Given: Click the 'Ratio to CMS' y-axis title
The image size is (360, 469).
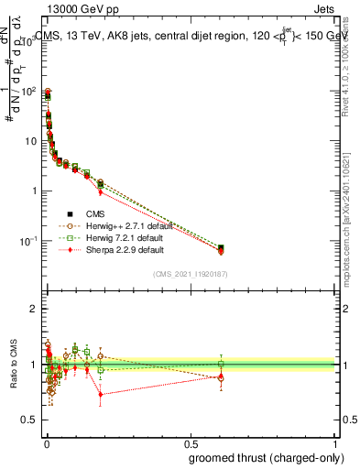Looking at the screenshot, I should coord(12,365).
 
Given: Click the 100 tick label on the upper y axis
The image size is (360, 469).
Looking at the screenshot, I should coord(28,92).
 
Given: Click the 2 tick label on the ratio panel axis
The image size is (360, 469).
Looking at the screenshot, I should coord(34,309).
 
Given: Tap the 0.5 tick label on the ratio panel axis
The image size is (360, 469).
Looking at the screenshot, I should coord(30,420).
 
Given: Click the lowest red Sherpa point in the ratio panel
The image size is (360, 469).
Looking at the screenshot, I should coord(101,395).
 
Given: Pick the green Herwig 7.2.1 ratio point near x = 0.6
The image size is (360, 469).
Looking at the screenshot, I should coord(221,364).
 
